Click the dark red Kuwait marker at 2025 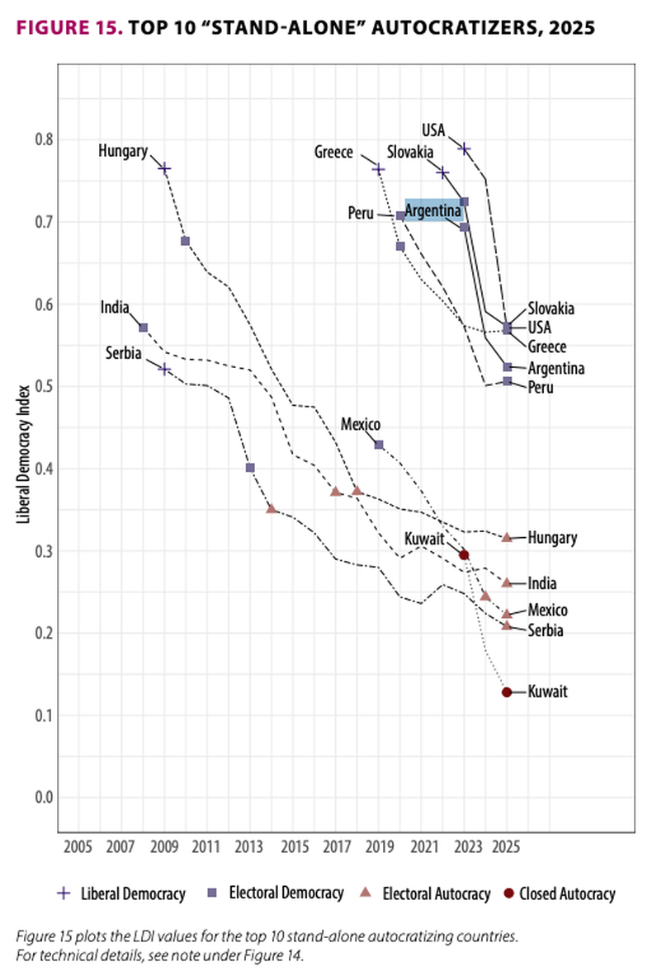point(507,692)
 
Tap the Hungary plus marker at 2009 point(164,168)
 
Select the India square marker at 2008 point(143,328)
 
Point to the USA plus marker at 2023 point(465,149)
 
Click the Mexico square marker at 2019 point(379,445)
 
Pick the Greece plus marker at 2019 point(379,169)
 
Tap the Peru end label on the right point(541,387)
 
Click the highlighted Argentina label point(432,211)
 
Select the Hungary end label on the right point(552,538)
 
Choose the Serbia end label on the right point(546,631)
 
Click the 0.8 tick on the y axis point(43,139)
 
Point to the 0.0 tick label point(43,798)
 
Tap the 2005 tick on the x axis point(78,847)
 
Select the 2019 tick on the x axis point(379,847)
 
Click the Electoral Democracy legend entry point(286,893)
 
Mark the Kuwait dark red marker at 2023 point(464,555)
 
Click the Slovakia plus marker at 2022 point(443,172)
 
